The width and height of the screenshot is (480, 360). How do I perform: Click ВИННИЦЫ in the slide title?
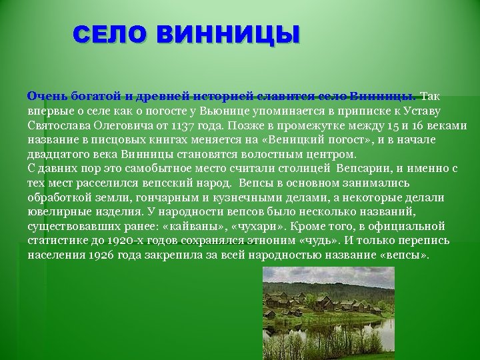click(x=229, y=35)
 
